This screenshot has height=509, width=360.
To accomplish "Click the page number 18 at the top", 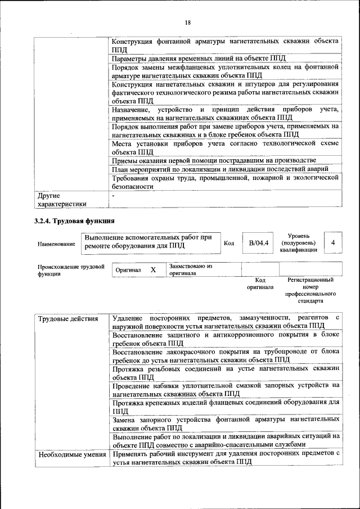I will pos(187,22).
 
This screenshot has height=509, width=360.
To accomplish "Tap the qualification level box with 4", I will pos(334,242).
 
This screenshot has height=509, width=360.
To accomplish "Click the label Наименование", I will pos(56,244).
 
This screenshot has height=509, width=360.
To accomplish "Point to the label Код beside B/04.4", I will pos(229,243).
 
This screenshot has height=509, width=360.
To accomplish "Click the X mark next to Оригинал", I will pos(153,270).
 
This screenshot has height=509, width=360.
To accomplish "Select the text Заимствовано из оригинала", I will pos(191,269).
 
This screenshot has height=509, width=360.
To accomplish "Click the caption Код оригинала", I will pos(260,283).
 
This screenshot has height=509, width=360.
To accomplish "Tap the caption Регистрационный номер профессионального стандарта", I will pos(310,290).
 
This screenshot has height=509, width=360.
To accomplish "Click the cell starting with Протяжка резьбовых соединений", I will pos(226,372).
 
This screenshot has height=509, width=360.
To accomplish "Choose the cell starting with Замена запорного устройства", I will pos(226,424).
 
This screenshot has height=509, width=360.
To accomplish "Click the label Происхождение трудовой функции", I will pos(71,270).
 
